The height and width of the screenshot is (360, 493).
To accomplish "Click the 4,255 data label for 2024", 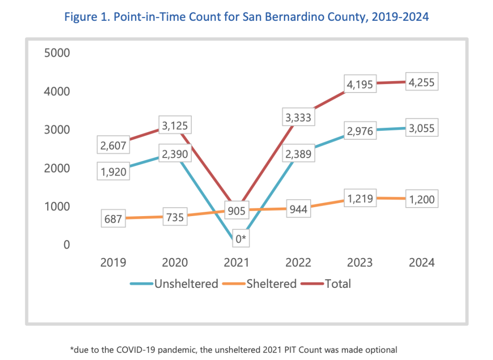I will pos(422,83).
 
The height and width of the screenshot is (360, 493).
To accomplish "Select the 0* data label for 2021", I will pos(241,239).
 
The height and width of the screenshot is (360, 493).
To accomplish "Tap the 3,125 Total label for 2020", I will pos(175,126).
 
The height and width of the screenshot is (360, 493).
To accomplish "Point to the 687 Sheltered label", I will pos(113,219).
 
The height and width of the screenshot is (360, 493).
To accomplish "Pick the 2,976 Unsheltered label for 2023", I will pos(360,131).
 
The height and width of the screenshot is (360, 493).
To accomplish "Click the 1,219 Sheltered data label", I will pos(360,199).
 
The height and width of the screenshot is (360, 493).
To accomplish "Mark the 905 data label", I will pos(237,210).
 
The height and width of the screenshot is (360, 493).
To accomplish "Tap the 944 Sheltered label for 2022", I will pos(298,209).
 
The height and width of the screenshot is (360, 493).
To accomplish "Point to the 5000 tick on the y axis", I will pos(57,52).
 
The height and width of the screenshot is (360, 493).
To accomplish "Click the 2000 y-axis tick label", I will pos(57,168).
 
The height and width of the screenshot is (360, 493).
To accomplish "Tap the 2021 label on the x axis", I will pos(237,262).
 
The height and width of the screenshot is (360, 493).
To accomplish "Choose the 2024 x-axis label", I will pos(422,262).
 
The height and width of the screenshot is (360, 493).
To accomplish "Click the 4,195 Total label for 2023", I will pos(360,85).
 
